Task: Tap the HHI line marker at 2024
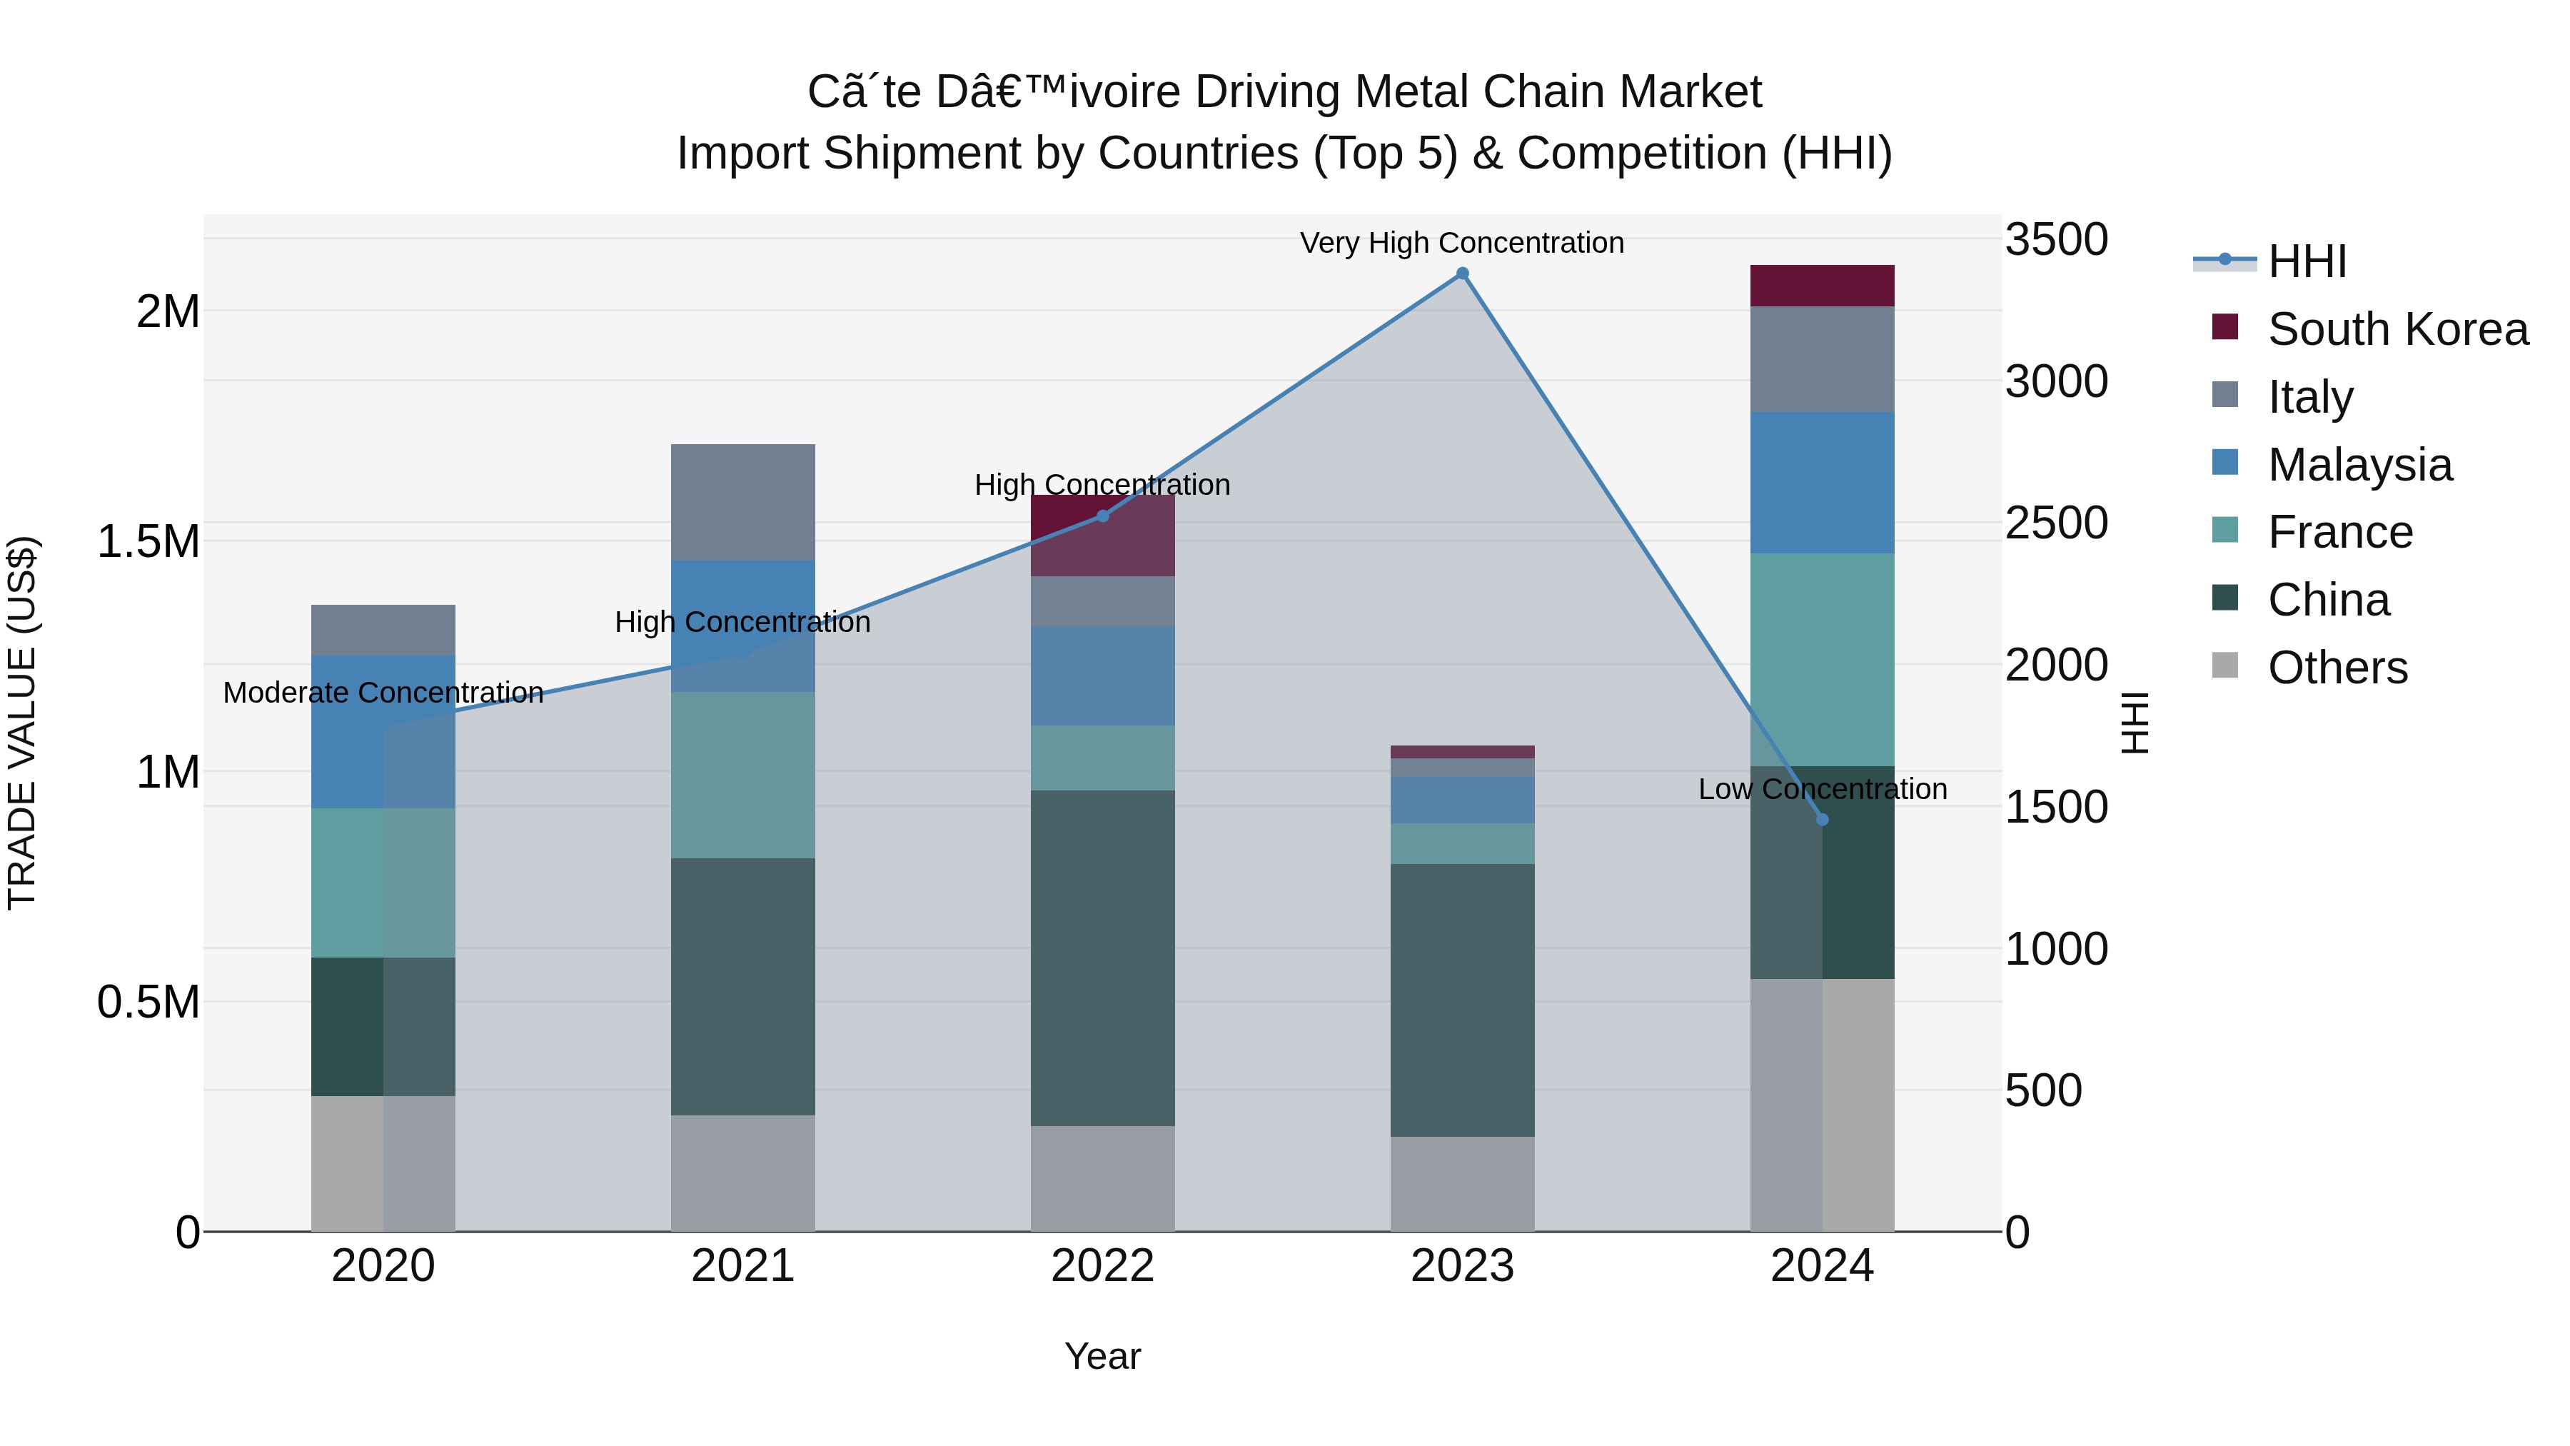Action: pyautogui.click(x=1822, y=819)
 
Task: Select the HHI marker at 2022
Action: pyautogui.click(x=1102, y=516)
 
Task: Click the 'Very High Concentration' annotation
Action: pyautogui.click(x=1461, y=243)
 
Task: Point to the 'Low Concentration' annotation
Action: pyautogui.click(x=1822, y=789)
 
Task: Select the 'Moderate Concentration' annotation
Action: pyautogui.click(x=383, y=693)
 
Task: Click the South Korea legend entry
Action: pyautogui.click(x=2397, y=329)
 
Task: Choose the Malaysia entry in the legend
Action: pyautogui.click(x=2359, y=465)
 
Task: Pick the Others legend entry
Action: pyautogui.click(x=2337, y=668)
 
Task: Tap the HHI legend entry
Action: pyautogui.click(x=2307, y=261)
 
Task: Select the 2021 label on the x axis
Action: pyautogui.click(x=742, y=1266)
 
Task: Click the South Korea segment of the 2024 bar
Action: pyautogui.click(x=1822, y=286)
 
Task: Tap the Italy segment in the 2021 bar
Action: pyautogui.click(x=742, y=502)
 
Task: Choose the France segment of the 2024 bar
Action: pyautogui.click(x=1822, y=658)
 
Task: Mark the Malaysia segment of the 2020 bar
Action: pyautogui.click(x=383, y=731)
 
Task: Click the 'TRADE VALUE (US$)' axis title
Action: pyautogui.click(x=22, y=723)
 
